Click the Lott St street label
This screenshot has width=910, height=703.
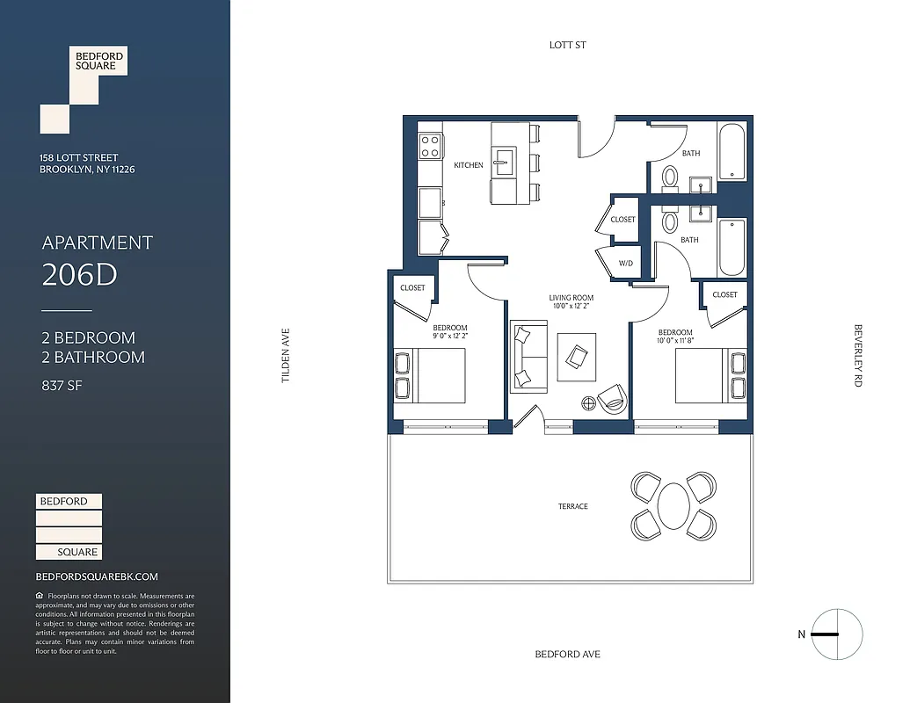pyautogui.click(x=567, y=45)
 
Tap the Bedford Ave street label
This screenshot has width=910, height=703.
pyautogui.click(x=567, y=654)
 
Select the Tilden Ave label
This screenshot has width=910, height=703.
pyautogui.click(x=285, y=355)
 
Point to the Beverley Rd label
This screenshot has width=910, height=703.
pyautogui.click(x=857, y=356)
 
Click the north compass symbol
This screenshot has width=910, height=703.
pyautogui.click(x=836, y=634)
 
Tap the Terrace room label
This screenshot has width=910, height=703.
pyautogui.click(x=572, y=506)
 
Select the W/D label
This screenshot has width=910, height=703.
pyautogui.click(x=625, y=263)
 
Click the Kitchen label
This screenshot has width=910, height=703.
pyautogui.click(x=468, y=165)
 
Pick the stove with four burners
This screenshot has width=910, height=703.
pyautogui.click(x=430, y=146)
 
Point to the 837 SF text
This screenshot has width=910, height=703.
pyautogui.click(x=62, y=385)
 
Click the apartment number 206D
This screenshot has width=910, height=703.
pyautogui.click(x=79, y=275)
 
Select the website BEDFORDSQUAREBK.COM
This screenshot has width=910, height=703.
pyautogui.click(x=97, y=576)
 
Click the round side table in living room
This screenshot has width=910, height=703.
pyautogui.click(x=587, y=403)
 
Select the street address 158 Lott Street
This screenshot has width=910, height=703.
pyautogui.click(x=79, y=158)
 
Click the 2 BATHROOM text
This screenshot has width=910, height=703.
pyautogui.click(x=92, y=357)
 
